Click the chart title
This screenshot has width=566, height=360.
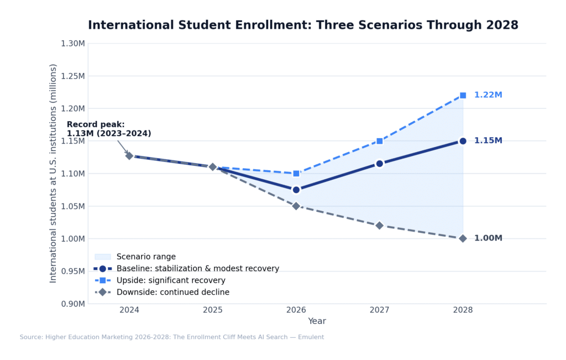tap(303, 25)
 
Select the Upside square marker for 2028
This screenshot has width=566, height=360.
tap(463, 96)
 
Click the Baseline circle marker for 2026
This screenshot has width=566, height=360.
tap(296, 190)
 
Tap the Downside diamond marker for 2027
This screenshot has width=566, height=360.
tap(379, 226)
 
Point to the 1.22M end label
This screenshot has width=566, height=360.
tap(488, 95)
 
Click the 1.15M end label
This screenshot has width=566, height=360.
tap(488, 141)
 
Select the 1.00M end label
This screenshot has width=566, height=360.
tap(488, 238)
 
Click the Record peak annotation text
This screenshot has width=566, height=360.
tap(109, 129)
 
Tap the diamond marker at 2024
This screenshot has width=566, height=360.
tap(129, 156)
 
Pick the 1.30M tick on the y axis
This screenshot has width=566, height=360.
tap(72, 44)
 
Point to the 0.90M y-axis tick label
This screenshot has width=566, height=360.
tap(72, 304)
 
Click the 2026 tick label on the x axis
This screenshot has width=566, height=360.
tap(296, 310)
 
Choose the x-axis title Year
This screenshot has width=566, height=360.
tap(317, 321)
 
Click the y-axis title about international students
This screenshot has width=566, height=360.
tap(54, 173)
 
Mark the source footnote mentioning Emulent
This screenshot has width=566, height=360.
tap(172, 337)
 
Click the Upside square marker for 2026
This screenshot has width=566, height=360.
tap(296, 174)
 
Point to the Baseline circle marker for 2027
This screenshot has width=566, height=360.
tap(379, 164)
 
